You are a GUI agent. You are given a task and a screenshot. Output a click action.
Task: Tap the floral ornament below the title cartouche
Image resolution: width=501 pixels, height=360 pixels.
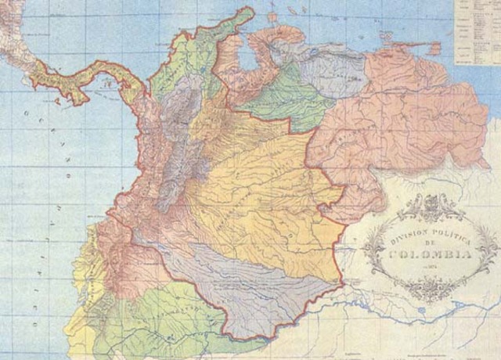tap(431, 290)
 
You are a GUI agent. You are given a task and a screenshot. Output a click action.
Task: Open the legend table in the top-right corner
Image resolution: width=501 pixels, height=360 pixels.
tap(478, 31)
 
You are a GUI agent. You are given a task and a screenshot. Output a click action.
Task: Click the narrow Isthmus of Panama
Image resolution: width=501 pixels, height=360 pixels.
tap(102, 74)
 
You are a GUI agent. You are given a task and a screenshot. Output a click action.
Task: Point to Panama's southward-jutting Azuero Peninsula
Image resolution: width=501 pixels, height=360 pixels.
tap(79, 99)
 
